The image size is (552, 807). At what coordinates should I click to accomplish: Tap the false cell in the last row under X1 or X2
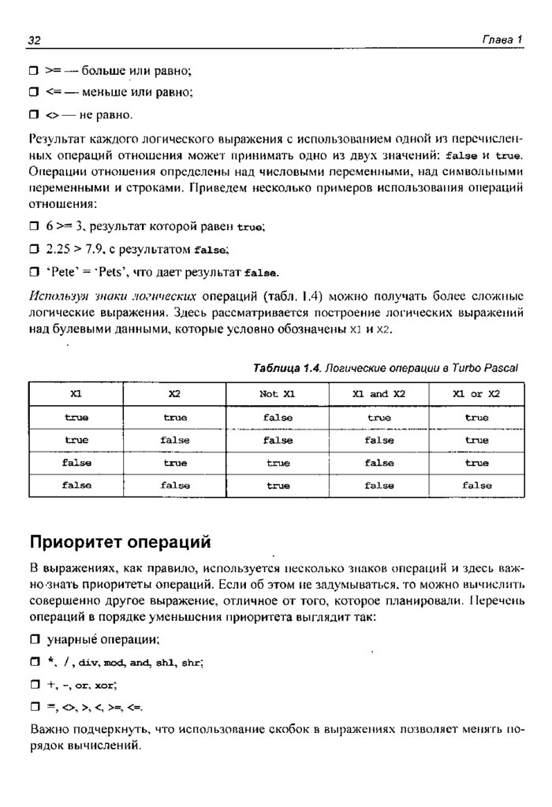tap(476, 486)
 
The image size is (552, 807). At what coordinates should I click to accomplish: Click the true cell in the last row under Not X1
tap(278, 486)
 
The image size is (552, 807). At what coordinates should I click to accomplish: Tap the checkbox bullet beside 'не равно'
tap(34, 115)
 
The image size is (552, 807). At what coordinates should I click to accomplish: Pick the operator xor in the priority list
tap(105, 685)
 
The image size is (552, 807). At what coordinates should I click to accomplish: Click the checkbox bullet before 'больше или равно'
tap(34, 71)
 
